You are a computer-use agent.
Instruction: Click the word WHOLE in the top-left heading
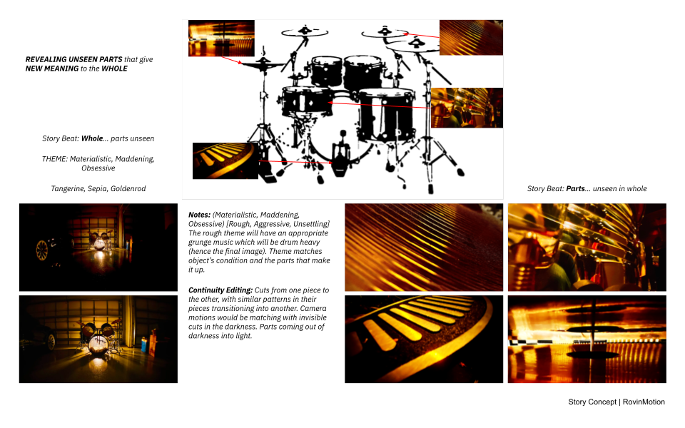coord(114,68)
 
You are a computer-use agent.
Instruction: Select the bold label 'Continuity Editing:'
coord(220,290)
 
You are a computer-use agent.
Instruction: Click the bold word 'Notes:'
coord(200,215)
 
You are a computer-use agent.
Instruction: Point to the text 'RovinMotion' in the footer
coord(644,402)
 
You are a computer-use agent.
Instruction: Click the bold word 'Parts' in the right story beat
coord(575,188)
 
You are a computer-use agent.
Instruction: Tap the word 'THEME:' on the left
coord(55,159)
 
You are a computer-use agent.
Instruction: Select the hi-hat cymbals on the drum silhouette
coord(262,65)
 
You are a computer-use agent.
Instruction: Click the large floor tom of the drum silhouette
coord(386,115)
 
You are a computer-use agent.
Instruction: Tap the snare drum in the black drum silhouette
coord(307,102)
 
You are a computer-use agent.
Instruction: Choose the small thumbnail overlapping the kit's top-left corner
coord(221,38)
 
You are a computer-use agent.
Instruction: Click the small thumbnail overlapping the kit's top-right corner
coord(471,38)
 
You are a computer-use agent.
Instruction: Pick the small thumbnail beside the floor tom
coord(467,108)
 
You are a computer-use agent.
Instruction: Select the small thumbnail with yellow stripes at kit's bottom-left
coord(225,160)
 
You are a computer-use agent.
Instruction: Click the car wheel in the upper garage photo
coord(42,250)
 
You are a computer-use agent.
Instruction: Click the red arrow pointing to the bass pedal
coord(295,162)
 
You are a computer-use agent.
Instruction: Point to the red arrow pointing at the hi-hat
coord(231,60)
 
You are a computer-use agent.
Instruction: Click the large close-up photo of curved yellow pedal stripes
coord(424,340)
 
